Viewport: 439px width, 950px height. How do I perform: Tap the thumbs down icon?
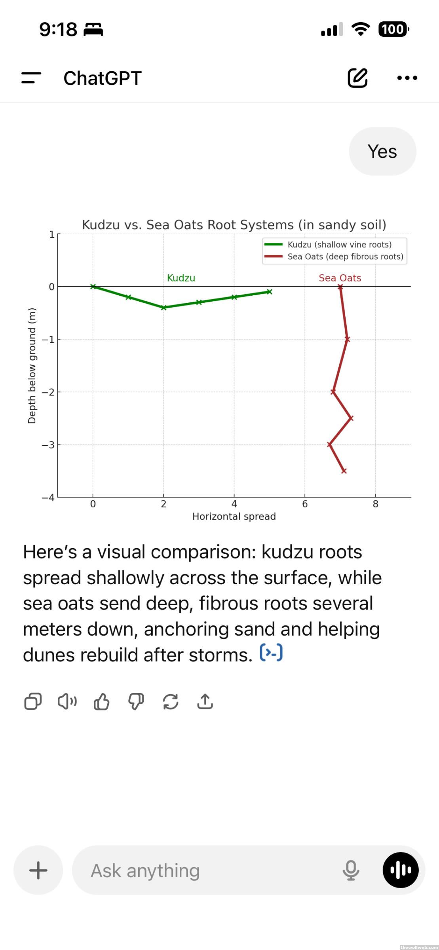pos(136,701)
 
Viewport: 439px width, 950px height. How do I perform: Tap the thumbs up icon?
pos(102,701)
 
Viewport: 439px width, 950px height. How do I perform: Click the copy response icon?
pos(33,701)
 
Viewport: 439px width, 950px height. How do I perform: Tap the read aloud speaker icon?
pos(67,701)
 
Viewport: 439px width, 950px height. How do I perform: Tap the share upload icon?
pos(205,701)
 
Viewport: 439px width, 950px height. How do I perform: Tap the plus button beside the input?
pos(38,870)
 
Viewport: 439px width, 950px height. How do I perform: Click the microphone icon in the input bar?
pos(351,870)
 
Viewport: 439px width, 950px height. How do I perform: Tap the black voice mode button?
pos(400,870)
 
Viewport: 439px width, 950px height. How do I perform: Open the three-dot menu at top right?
pos(407,78)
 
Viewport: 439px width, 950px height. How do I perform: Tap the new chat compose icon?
pos(357,78)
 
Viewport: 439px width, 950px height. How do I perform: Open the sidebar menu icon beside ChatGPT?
pos(31,78)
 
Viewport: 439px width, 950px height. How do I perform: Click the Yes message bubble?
pos(382,152)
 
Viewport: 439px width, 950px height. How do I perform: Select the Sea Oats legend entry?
pos(334,256)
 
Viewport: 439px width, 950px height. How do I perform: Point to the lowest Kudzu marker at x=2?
pos(163,308)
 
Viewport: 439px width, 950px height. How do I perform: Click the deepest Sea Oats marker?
pos(344,471)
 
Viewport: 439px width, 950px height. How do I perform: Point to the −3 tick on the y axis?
pos(48,445)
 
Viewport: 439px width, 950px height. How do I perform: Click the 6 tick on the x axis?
pos(305,504)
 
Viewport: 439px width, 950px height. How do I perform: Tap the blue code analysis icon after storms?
pos(271,653)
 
